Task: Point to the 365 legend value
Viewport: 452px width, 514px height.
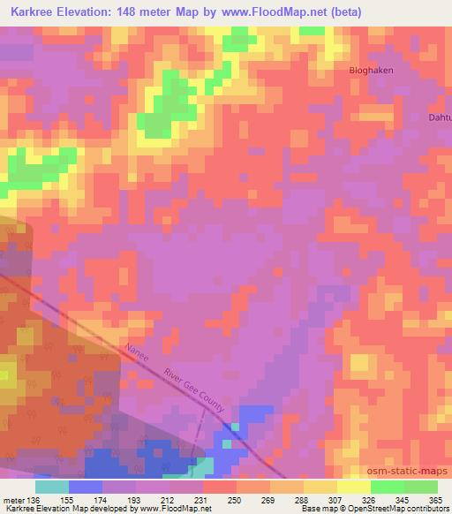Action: [x=437, y=500]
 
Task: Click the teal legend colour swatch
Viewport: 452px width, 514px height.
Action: [x=52, y=487]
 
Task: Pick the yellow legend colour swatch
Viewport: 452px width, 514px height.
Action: [x=352, y=487]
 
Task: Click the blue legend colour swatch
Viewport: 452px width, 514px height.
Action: [x=86, y=487]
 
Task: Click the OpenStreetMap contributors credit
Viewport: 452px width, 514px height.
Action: [x=400, y=510]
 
